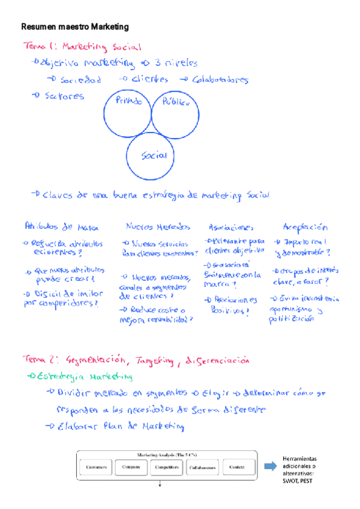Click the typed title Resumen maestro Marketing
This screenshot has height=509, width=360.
coord(75,27)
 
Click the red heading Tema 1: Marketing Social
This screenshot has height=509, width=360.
coord(82,47)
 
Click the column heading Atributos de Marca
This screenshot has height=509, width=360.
coord(62,227)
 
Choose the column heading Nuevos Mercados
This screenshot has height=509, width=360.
coord(158,227)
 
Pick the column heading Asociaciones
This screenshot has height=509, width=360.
coord(231,227)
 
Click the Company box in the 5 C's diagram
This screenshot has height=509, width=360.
coord(131,466)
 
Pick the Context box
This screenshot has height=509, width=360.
coord(236,466)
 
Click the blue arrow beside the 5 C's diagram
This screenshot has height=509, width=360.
coord(271,465)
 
